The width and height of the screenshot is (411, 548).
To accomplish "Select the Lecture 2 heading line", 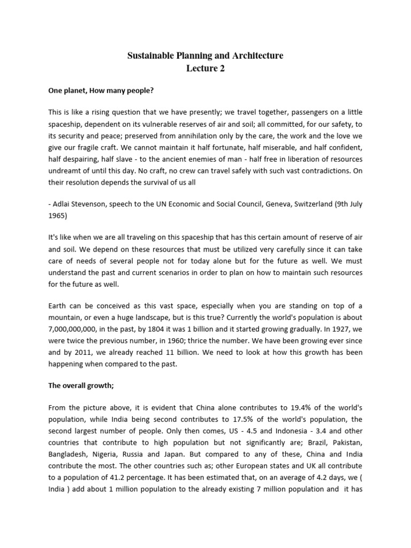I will click(x=205, y=68).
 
